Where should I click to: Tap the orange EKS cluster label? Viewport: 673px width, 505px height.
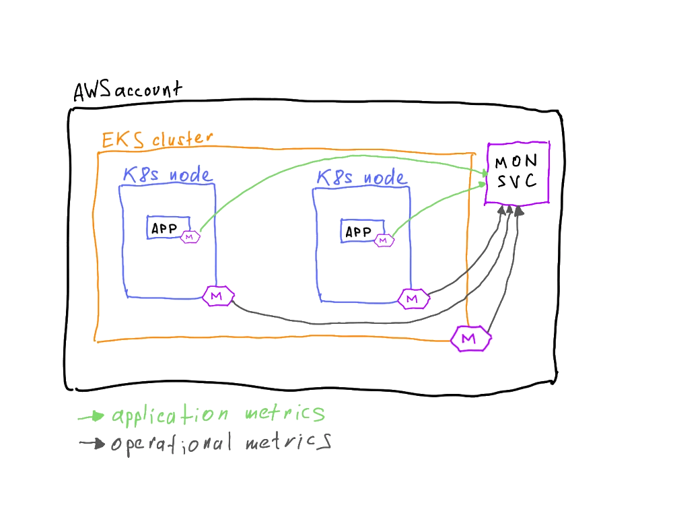pos(156,140)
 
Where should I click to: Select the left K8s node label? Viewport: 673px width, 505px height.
pos(166,175)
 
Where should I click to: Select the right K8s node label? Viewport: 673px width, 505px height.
pos(361,178)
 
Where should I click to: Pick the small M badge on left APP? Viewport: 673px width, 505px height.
pos(189,237)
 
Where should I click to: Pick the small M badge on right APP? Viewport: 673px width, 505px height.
pos(383,240)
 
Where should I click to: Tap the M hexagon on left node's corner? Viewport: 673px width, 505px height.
pos(217,296)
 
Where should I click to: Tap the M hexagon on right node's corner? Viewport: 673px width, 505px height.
pos(413,299)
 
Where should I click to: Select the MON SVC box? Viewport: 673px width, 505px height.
pos(518,173)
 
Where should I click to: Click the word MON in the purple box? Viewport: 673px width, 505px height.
pos(516,163)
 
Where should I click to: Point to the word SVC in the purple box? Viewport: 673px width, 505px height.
pos(516,182)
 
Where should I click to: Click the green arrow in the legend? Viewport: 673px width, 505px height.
pos(91,417)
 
